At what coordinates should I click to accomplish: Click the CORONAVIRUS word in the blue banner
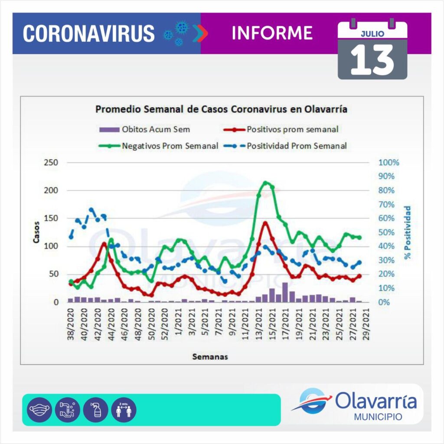(x=88, y=33)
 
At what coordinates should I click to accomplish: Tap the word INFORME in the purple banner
(x=272, y=33)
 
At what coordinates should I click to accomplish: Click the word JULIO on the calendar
(x=372, y=33)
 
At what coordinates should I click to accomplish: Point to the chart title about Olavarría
(x=221, y=109)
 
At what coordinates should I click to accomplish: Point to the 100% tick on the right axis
(x=388, y=163)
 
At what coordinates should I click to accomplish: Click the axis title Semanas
(x=210, y=357)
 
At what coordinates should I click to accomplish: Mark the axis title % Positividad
(x=408, y=232)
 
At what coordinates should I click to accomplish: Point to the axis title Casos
(x=37, y=232)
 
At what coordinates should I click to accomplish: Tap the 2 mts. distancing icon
(x=124, y=409)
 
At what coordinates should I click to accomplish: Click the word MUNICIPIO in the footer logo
(x=378, y=417)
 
